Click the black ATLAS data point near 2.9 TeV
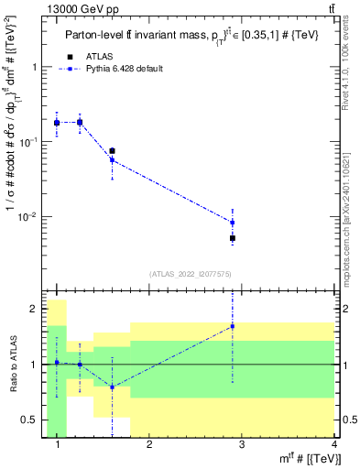click(x=233, y=238)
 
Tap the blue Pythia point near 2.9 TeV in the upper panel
click(x=233, y=223)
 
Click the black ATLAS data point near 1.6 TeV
click(x=112, y=151)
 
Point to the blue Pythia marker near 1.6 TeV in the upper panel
click(x=112, y=160)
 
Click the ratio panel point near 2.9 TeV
click(x=233, y=326)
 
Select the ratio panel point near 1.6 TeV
click(x=112, y=387)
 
